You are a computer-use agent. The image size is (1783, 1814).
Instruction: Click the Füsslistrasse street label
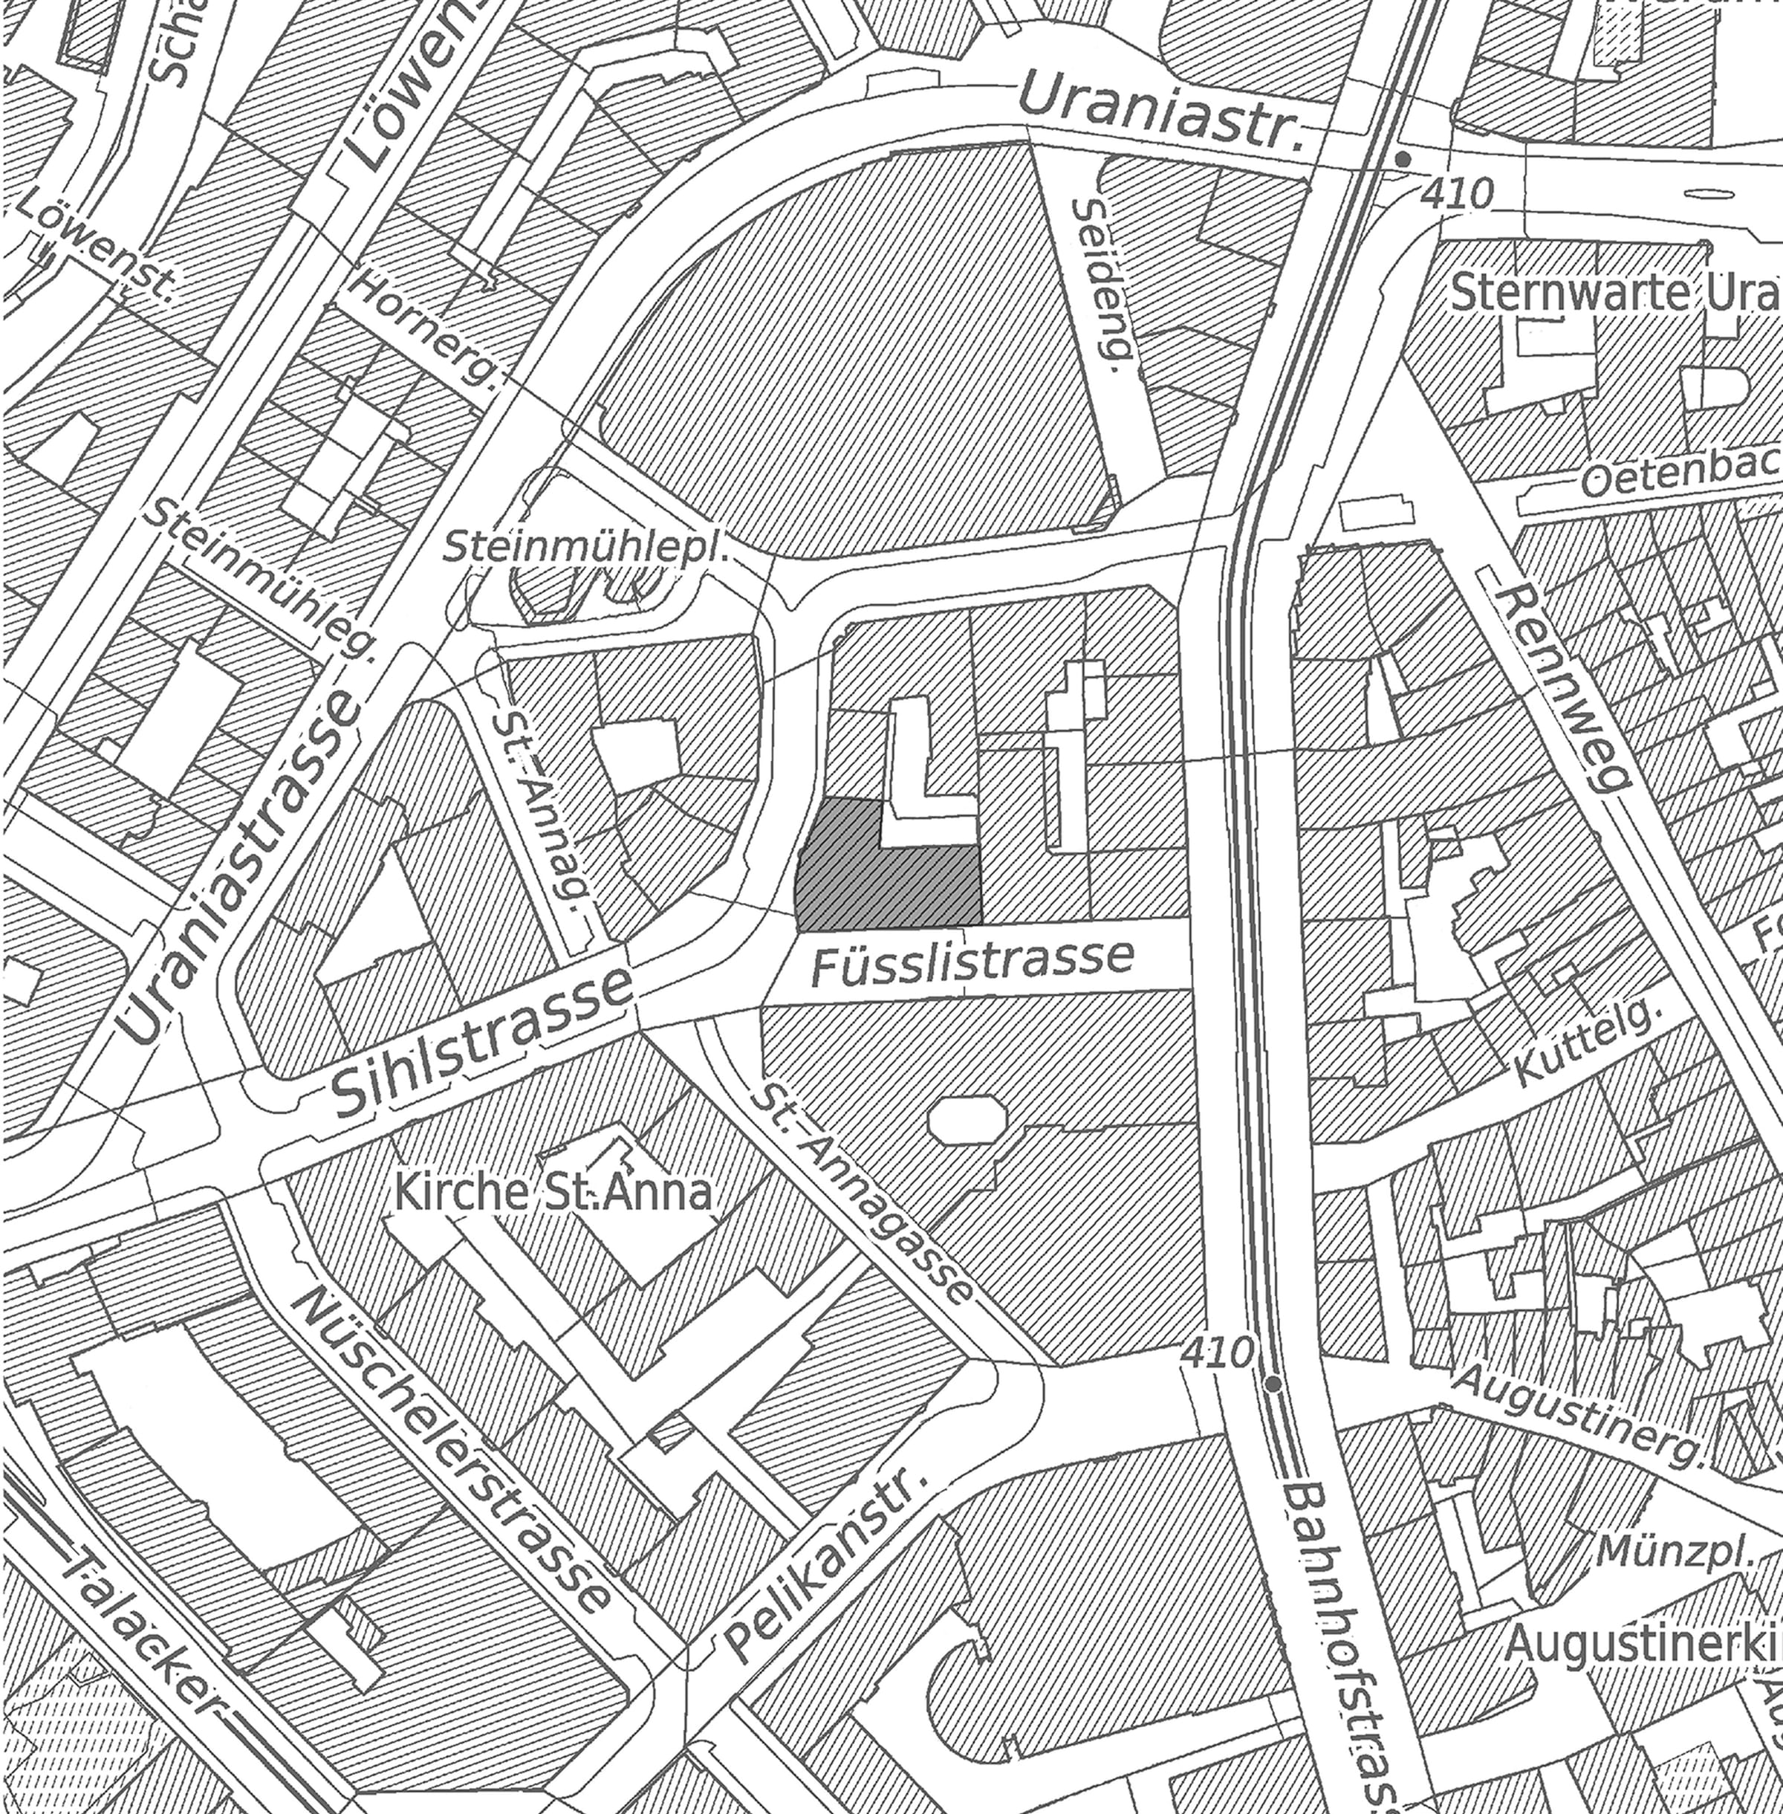click(971, 962)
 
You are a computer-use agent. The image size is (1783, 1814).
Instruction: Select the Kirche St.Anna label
click(553, 1194)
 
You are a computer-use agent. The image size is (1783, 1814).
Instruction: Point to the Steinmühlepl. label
click(585, 548)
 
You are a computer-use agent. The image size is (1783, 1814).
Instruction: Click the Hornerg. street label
click(426, 328)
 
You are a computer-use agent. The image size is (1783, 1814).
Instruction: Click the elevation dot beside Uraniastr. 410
click(1402, 160)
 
